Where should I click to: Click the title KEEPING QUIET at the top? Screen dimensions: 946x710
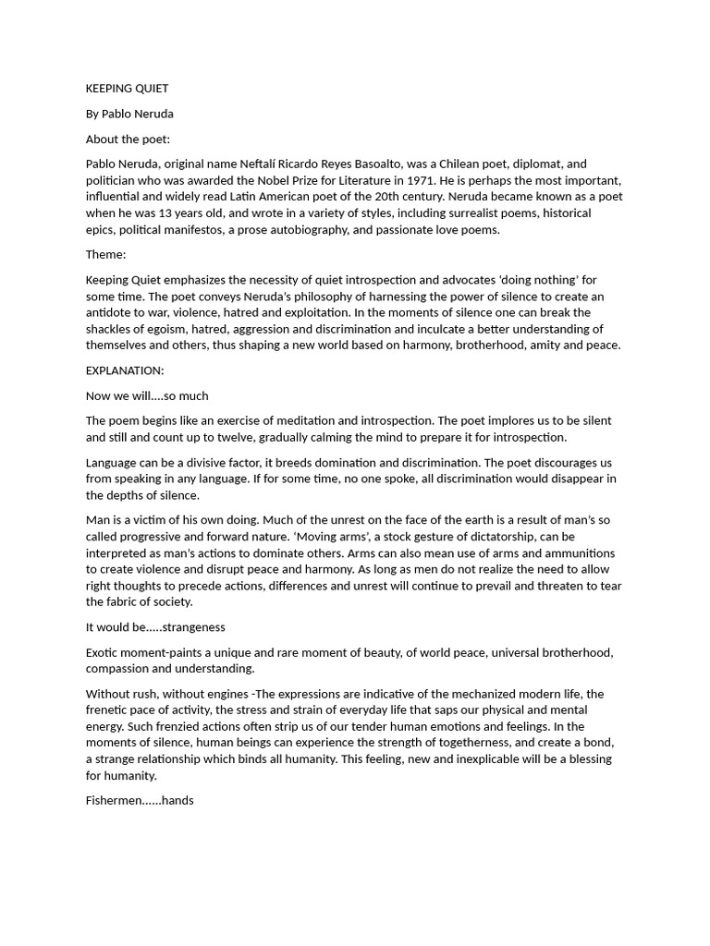click(x=127, y=89)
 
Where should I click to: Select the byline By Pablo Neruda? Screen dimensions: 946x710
click(x=129, y=114)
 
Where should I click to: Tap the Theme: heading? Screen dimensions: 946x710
click(x=106, y=254)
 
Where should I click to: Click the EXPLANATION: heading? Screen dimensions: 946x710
click(x=125, y=370)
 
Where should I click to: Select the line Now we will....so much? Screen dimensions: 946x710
click(x=147, y=395)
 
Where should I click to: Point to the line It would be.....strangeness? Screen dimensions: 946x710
click(x=155, y=627)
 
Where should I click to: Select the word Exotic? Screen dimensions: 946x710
click(x=104, y=652)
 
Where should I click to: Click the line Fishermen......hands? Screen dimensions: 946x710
click(x=140, y=800)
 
